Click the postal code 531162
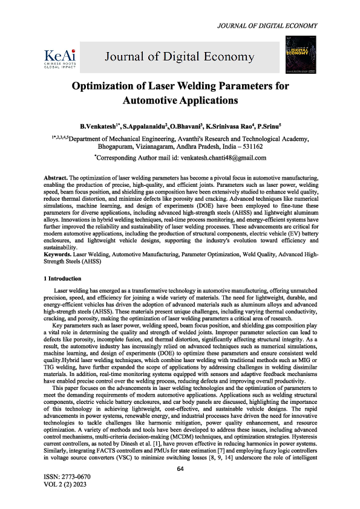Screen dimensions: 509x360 250,147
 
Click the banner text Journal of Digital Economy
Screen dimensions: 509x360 180,57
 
